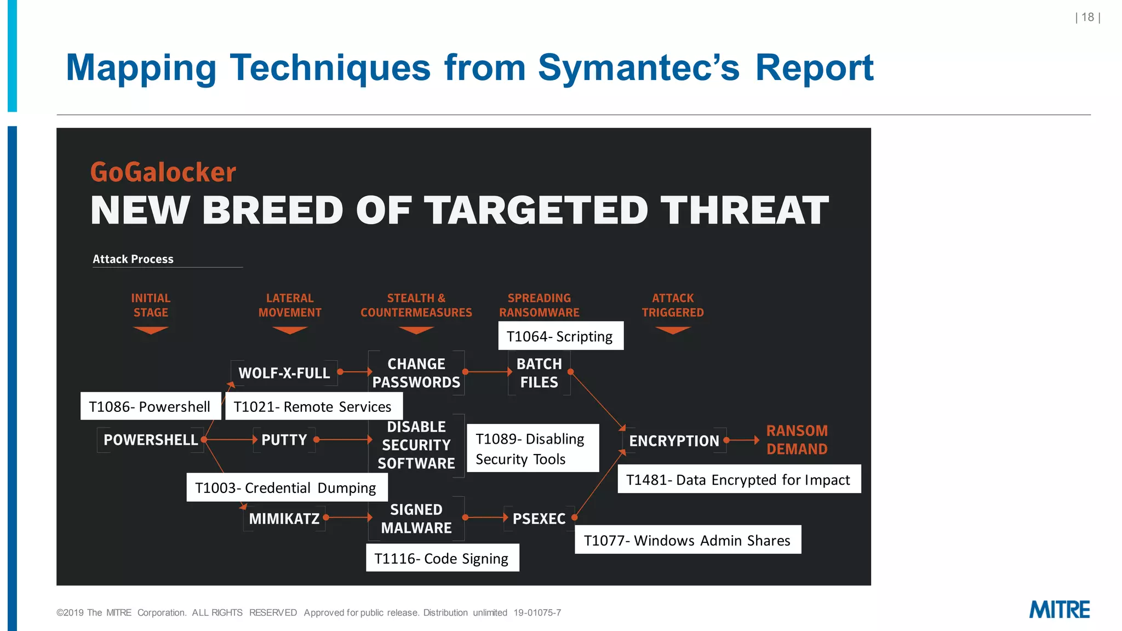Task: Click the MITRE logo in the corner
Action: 1059,609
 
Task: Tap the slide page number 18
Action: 1087,18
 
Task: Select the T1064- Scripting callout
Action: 560,336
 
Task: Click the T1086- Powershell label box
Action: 150,406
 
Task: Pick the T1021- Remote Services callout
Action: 313,406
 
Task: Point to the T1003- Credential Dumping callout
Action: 287,487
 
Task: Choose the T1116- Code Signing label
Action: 442,558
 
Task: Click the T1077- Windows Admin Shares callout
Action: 688,540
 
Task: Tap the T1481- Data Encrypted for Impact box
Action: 739,479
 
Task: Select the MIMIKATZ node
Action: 284,518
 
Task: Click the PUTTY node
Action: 284,440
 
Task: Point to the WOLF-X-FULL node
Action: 284,373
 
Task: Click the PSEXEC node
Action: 539,518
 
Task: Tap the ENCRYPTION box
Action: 674,440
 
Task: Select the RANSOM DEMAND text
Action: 797,440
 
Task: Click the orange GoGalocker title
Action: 163,172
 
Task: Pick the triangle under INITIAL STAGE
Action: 151,330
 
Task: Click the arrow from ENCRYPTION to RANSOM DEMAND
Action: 743,440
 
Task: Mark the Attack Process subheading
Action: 133,259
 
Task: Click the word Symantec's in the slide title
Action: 639,68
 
